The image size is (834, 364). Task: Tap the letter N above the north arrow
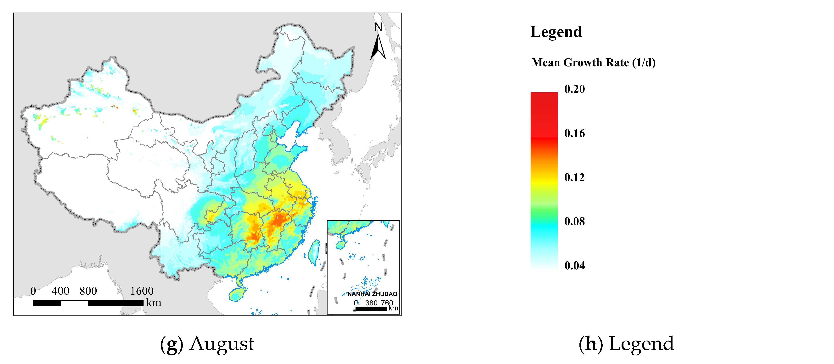[x=378, y=27]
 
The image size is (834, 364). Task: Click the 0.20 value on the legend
[x=574, y=89]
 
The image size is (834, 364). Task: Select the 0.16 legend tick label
[x=574, y=133]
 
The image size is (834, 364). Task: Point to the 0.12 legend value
[x=574, y=177]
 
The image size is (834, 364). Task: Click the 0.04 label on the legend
[x=574, y=266]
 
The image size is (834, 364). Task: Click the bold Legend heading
[x=556, y=32]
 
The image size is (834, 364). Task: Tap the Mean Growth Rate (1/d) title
[x=593, y=62]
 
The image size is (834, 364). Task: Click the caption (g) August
[x=207, y=344]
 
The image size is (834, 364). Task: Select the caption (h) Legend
[x=626, y=344]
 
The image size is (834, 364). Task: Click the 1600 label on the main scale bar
[x=142, y=291]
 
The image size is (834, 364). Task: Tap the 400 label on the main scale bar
[x=61, y=291]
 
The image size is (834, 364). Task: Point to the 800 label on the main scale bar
[x=88, y=291]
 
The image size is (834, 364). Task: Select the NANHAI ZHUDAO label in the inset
[x=372, y=294]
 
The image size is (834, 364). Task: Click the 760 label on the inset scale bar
[x=387, y=303]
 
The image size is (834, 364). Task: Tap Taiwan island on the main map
[x=314, y=252]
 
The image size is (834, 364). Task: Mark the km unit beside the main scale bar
[x=153, y=303]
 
